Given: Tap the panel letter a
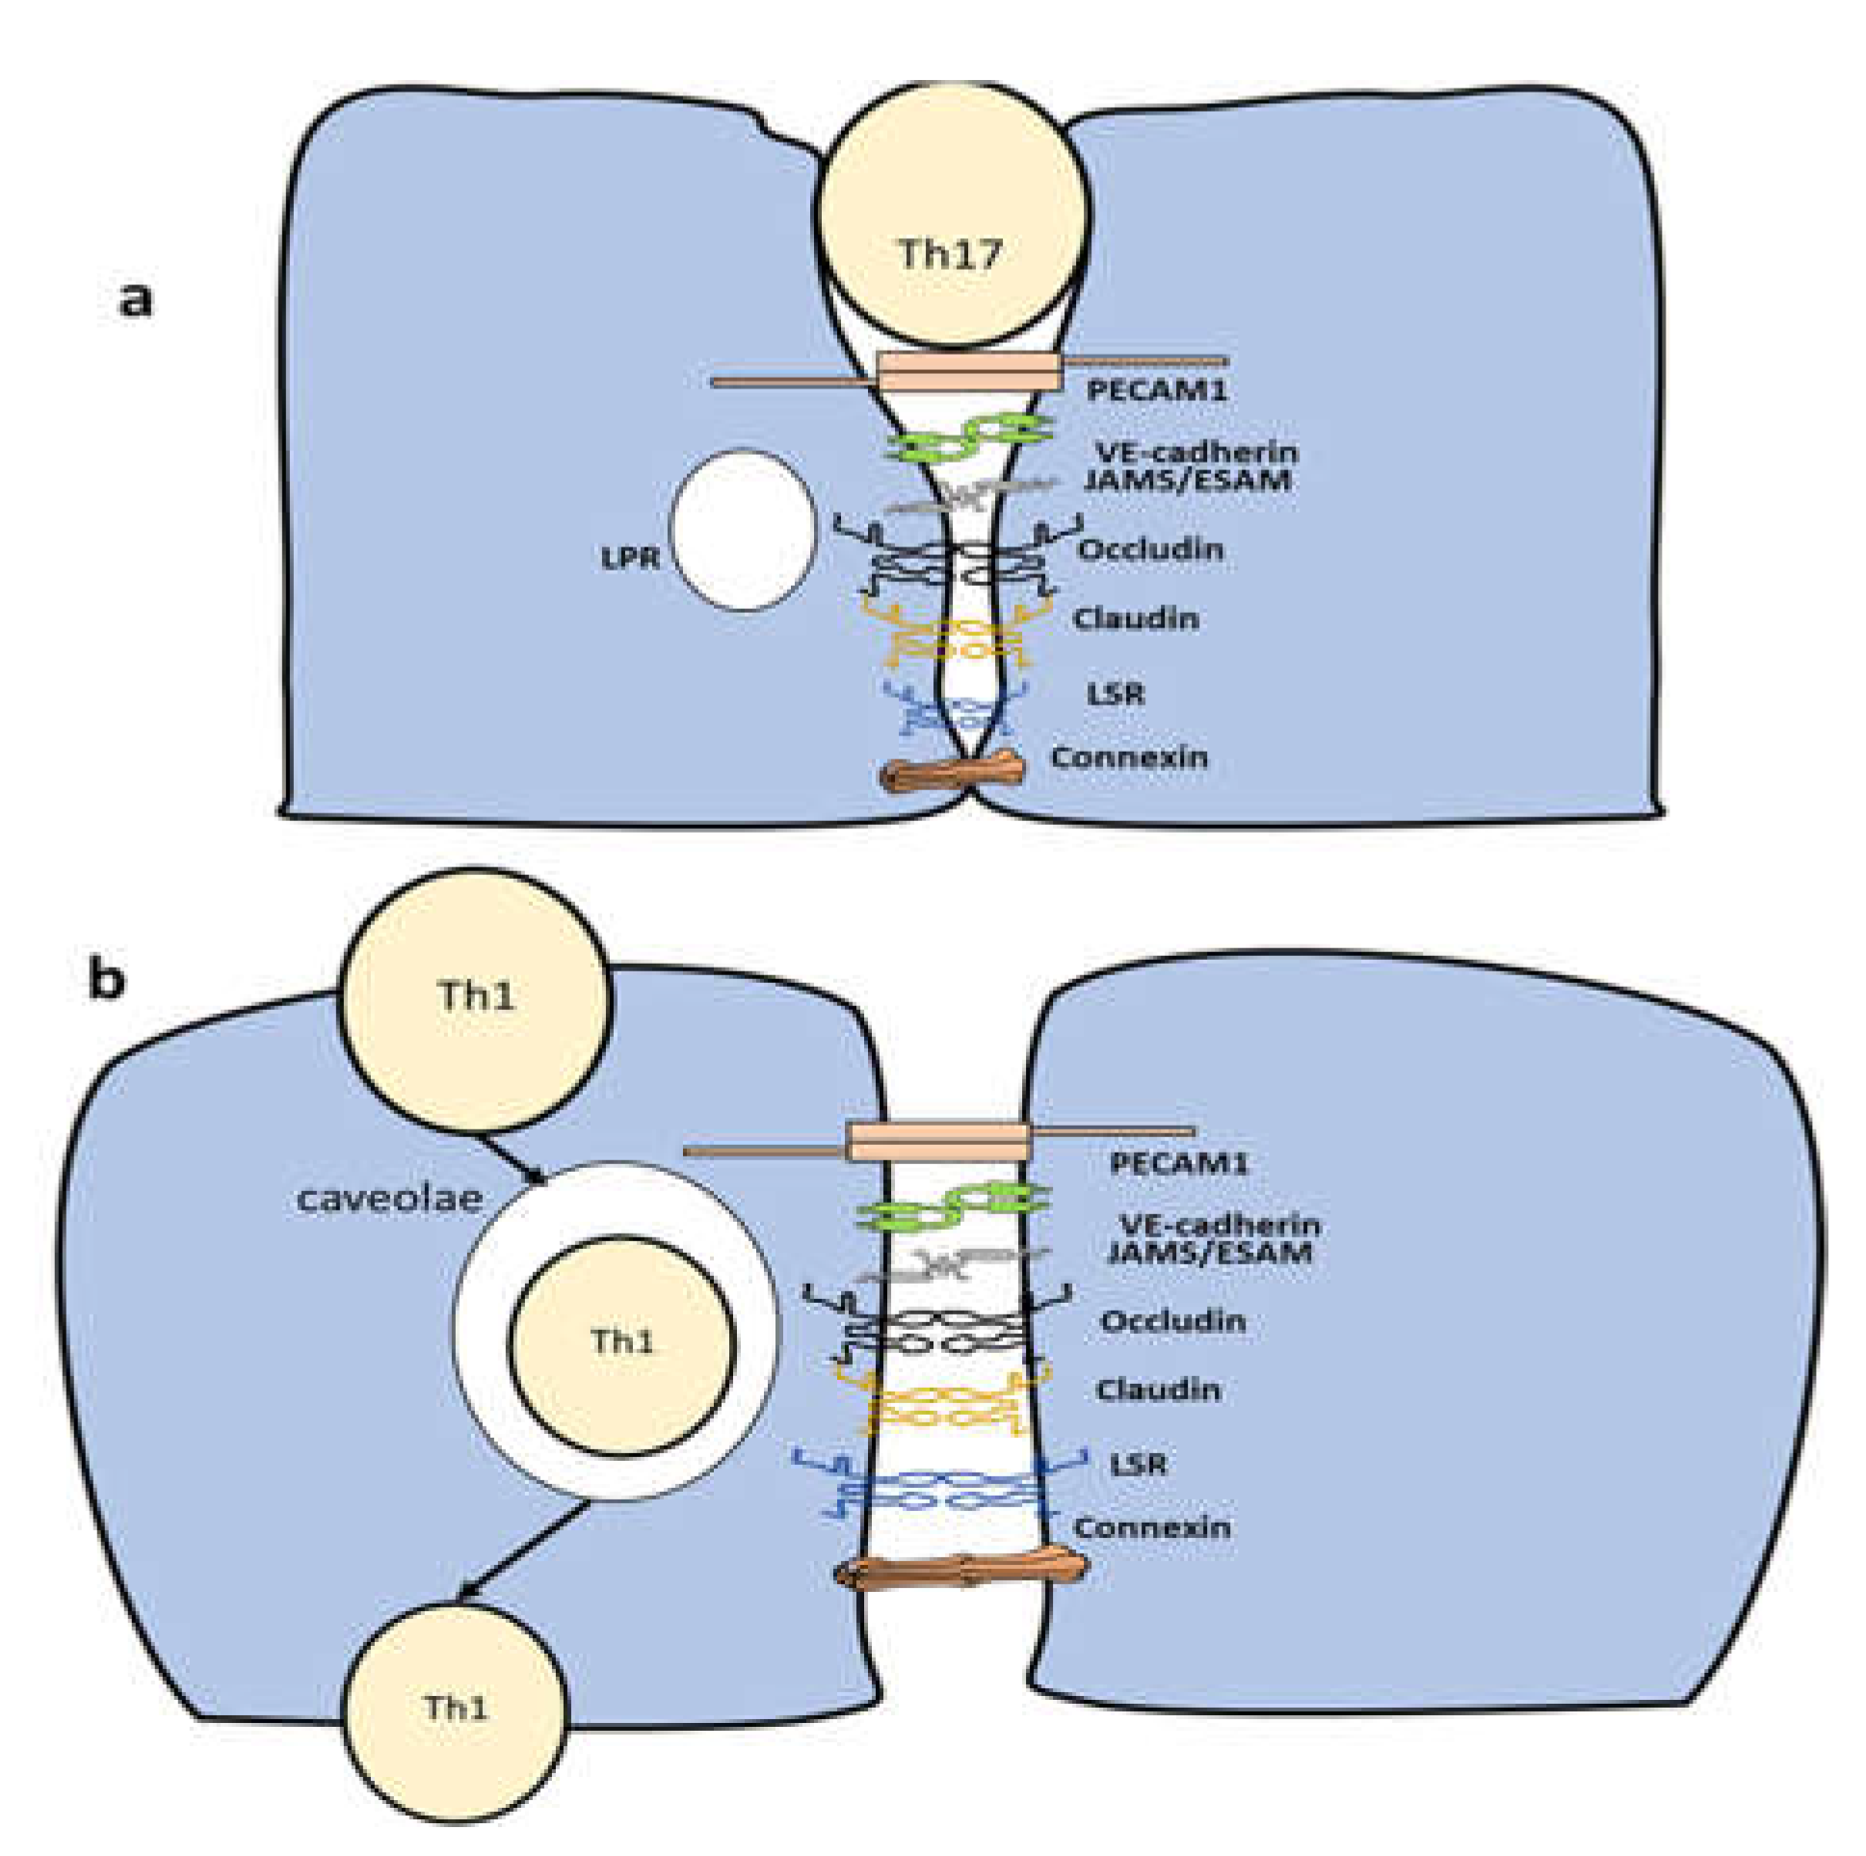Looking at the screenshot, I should click(135, 300).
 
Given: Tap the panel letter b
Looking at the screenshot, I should click(106, 980).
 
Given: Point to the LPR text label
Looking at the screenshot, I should click(630, 559).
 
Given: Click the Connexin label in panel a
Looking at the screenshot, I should click(1129, 756).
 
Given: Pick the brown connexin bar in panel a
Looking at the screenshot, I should click(957, 774).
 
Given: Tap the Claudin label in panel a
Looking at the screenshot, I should click(1136, 619).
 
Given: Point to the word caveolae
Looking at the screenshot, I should click(388, 1199).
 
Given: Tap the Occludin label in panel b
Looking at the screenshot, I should click(1172, 1321).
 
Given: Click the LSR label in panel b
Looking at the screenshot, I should click(1138, 1464).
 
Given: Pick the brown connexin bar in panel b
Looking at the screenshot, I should click(961, 1571).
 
